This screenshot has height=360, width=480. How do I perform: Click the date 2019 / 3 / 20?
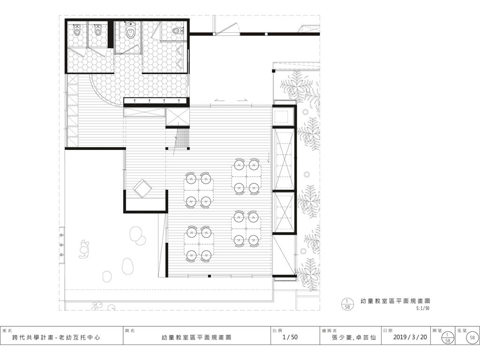[410, 337]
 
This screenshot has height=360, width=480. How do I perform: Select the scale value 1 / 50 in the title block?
[290, 337]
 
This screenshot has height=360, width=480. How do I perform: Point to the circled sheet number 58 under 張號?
[472, 337]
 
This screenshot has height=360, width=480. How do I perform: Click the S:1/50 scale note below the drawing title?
[423, 308]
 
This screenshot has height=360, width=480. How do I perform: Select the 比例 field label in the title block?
[277, 330]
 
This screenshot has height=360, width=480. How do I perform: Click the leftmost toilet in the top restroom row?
[77, 30]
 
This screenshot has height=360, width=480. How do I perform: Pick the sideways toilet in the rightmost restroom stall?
[177, 30]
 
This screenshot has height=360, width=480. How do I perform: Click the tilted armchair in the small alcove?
[142, 187]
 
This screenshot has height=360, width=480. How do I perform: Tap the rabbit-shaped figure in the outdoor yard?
[83, 249]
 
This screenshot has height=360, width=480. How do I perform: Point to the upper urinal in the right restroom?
[180, 51]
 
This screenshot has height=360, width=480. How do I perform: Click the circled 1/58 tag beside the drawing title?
[347, 304]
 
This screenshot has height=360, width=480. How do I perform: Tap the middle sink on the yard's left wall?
[61, 245]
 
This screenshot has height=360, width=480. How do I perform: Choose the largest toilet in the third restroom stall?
[130, 30]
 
